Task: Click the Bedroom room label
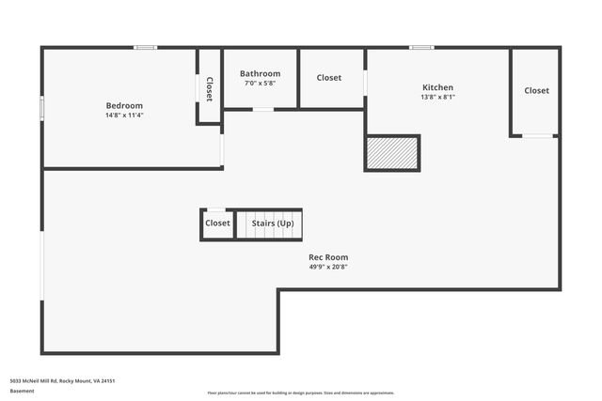[x=124, y=105]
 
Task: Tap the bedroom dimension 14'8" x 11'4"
[x=124, y=116]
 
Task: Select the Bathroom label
[x=260, y=73]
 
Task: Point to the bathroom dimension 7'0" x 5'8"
[x=260, y=84]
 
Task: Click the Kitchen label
[x=437, y=87]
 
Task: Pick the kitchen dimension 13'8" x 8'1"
[x=437, y=97]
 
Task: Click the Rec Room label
[x=328, y=256]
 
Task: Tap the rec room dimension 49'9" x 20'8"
[x=328, y=267]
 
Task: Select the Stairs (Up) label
[x=272, y=224]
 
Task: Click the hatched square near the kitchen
[x=392, y=153]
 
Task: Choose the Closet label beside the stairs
[x=217, y=224]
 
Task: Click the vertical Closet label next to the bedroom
[x=209, y=88]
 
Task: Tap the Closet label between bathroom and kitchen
[x=329, y=78]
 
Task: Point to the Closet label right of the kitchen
[x=536, y=90]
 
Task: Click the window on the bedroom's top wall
[x=145, y=48]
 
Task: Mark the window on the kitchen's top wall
[x=421, y=48]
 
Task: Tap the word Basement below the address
[x=22, y=391]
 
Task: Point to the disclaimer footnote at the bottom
[x=301, y=393]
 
